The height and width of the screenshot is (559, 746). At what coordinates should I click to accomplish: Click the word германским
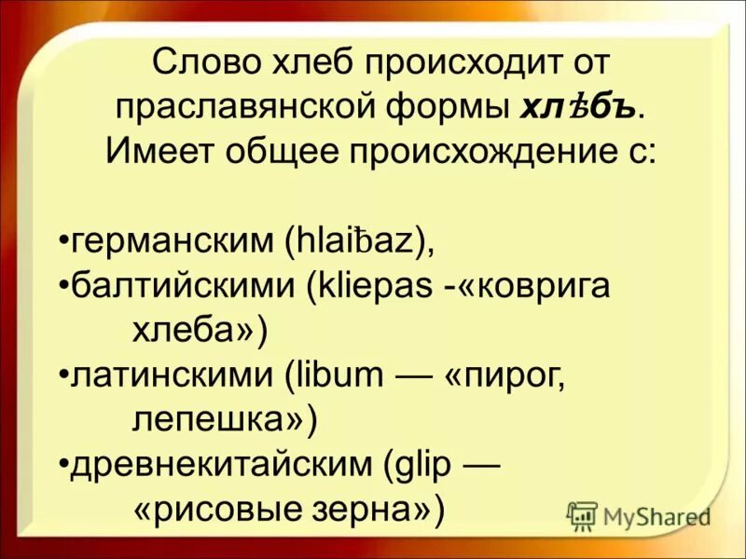(x=173, y=243)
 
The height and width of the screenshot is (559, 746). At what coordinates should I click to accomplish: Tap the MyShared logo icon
(x=583, y=515)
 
